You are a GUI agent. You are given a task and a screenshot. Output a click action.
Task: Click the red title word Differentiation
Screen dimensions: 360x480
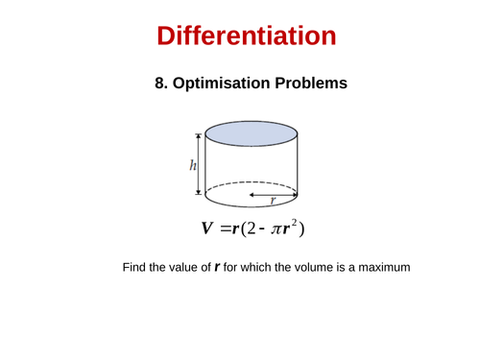[246, 36]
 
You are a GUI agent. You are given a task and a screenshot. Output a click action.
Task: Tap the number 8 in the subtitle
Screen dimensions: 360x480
[159, 84]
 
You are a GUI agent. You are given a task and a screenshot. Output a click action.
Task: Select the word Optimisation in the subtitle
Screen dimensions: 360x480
[219, 84]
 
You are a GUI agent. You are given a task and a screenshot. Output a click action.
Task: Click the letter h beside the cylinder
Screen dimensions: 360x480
[192, 164]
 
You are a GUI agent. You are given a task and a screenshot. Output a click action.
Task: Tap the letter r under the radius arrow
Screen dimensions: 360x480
[274, 201]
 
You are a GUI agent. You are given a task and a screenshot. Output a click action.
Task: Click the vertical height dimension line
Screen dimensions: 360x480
[201, 164]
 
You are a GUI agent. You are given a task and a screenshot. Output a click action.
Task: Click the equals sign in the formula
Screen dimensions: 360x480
[227, 228]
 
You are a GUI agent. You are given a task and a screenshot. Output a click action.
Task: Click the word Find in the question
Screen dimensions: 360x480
[134, 267]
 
